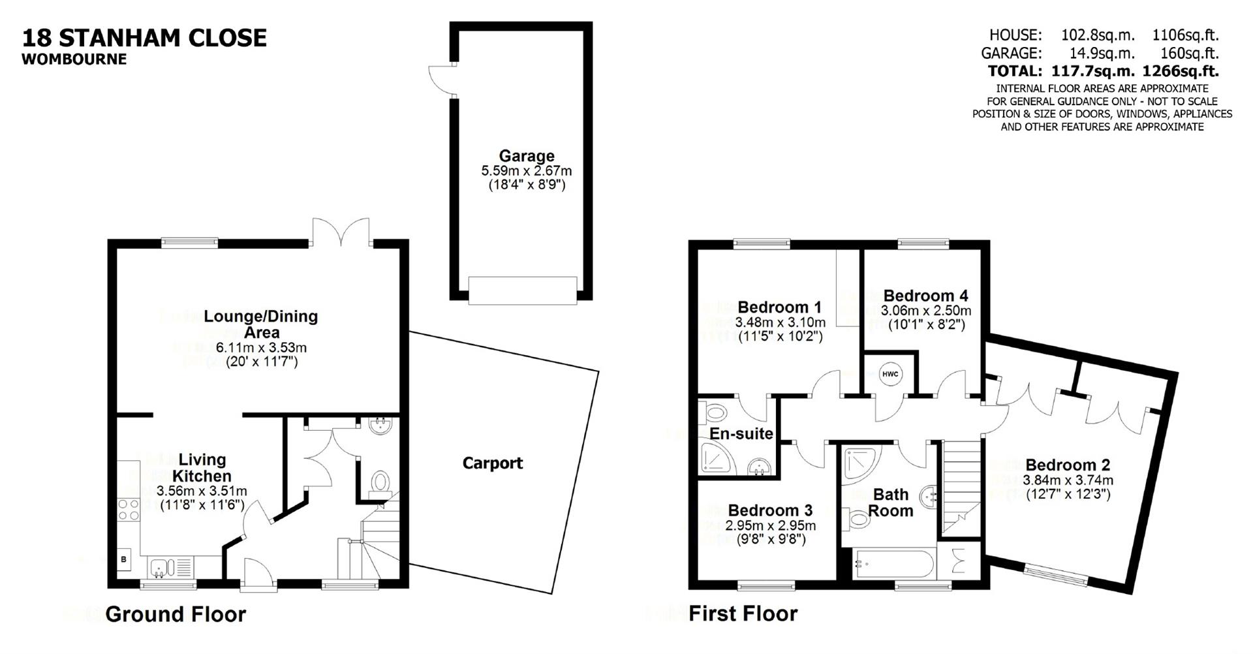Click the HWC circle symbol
click(x=889, y=374)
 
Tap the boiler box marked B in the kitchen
click(x=124, y=560)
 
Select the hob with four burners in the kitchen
click(x=128, y=509)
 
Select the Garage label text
click(x=526, y=156)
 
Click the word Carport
click(x=492, y=463)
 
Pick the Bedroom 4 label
click(x=925, y=296)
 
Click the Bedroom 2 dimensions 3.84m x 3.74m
click(x=1068, y=480)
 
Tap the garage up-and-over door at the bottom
click(x=523, y=289)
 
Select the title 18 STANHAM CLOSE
click(x=144, y=38)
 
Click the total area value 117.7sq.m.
click(x=1093, y=70)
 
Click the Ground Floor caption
click(x=176, y=614)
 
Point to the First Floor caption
click(x=743, y=614)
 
